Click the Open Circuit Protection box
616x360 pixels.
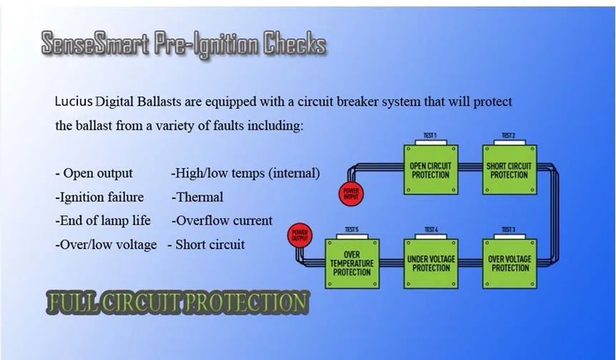click(x=431, y=170)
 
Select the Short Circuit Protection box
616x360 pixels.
click(x=509, y=170)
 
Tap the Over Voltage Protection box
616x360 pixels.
click(x=509, y=263)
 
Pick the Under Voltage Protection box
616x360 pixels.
click(x=431, y=263)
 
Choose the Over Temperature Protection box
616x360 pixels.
click(x=352, y=263)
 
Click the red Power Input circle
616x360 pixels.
click(x=351, y=194)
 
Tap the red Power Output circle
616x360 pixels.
click(x=300, y=235)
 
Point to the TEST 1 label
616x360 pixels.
click(x=430, y=135)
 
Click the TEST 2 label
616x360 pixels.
click(x=509, y=135)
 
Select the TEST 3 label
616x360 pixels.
click(x=509, y=230)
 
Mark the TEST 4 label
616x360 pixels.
click(x=431, y=230)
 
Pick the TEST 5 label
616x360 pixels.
click(x=351, y=230)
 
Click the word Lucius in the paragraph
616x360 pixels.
click(x=74, y=102)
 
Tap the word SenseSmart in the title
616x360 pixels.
click(x=95, y=43)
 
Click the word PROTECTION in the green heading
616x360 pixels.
click(x=246, y=302)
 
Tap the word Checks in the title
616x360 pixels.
click(x=295, y=43)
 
